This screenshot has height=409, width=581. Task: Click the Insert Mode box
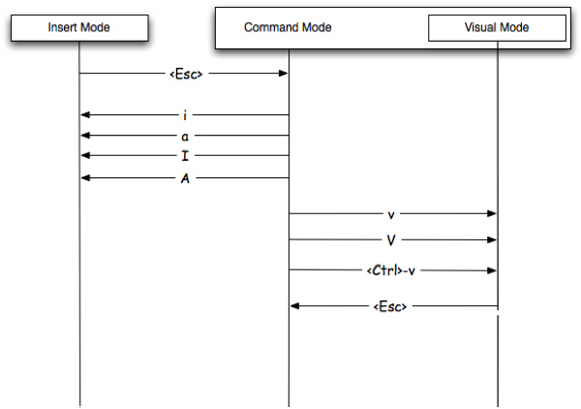pos(79,27)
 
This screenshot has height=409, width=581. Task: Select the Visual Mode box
pos(497,27)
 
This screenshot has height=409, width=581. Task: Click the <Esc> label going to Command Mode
pos(184,74)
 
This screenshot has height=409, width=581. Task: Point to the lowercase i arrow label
pos(184,115)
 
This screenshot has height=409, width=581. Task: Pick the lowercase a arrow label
pos(184,136)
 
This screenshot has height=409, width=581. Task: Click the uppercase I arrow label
pos(184,156)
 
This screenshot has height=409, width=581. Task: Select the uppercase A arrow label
pos(184,177)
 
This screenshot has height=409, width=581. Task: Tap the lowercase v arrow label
pos(391,213)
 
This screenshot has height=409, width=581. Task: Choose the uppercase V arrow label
pos(391,240)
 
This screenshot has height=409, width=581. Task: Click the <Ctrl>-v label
pos(393,270)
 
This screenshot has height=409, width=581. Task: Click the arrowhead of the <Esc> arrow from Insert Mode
pos(283,74)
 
